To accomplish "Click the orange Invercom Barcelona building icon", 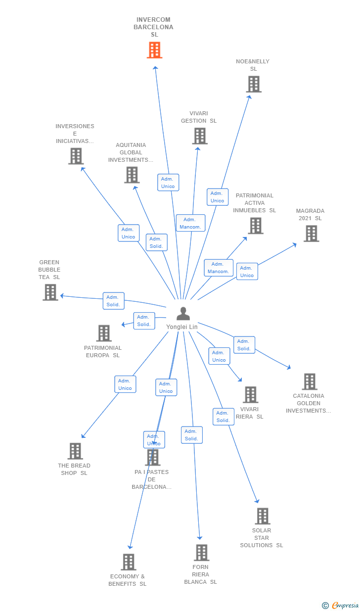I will tap(154, 50).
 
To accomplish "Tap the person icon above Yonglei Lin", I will tap(183, 314).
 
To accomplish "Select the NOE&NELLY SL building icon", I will tap(254, 84).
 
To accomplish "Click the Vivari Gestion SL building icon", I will tap(200, 136).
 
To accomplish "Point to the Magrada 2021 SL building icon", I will tap(311, 234).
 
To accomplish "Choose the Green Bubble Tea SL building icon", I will tap(50, 292).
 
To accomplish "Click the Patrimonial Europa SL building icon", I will tap(104, 333).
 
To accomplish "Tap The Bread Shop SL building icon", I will tap(75, 451).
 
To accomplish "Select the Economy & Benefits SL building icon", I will tap(129, 562).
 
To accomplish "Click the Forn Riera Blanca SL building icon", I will tap(201, 553).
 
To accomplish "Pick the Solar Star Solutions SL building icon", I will tap(262, 516).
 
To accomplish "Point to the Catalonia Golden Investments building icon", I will tap(310, 381).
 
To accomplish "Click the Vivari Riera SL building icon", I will tap(250, 395).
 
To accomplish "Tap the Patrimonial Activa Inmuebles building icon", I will tap(255, 226).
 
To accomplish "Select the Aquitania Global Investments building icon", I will tap(132, 175).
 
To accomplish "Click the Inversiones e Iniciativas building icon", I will tap(76, 156).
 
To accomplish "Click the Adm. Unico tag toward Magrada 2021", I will tap(247, 272).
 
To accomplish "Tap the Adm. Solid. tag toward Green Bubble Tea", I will tap(113, 301).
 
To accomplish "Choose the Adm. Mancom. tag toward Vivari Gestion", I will tap(190, 223).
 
